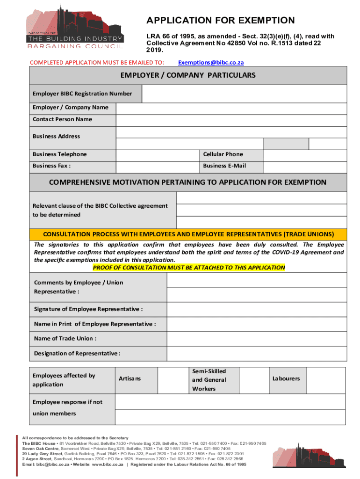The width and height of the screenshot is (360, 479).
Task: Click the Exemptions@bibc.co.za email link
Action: click(x=211, y=62)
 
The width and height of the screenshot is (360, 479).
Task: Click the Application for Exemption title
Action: click(x=220, y=21)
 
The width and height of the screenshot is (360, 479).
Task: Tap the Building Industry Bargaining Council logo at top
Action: click(x=75, y=27)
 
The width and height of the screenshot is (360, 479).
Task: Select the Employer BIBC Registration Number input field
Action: click(x=244, y=94)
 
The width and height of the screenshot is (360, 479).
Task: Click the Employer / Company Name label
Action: click(x=70, y=107)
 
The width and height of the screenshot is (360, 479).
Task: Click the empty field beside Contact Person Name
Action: click(x=231, y=119)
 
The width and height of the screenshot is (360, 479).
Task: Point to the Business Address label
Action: click(x=56, y=136)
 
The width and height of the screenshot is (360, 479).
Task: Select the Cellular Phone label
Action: click(x=223, y=154)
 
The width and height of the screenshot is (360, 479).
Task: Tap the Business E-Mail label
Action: click(x=224, y=166)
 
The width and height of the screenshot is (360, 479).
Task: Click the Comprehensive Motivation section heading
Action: click(x=188, y=182)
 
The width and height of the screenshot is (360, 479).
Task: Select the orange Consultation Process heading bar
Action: click(x=188, y=234)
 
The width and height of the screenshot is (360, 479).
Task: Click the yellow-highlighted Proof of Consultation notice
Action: click(x=189, y=268)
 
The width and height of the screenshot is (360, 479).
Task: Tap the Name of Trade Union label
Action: click(x=65, y=338)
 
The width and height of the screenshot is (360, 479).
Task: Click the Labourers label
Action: click(x=286, y=378)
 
